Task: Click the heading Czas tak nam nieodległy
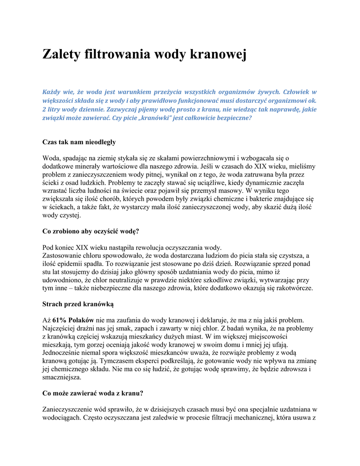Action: pos(79,142)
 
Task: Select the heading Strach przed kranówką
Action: pos(78,304)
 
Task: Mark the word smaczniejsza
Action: pos(62,378)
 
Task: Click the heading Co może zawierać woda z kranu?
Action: pos(93,393)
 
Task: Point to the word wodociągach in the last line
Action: pos(61,418)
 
